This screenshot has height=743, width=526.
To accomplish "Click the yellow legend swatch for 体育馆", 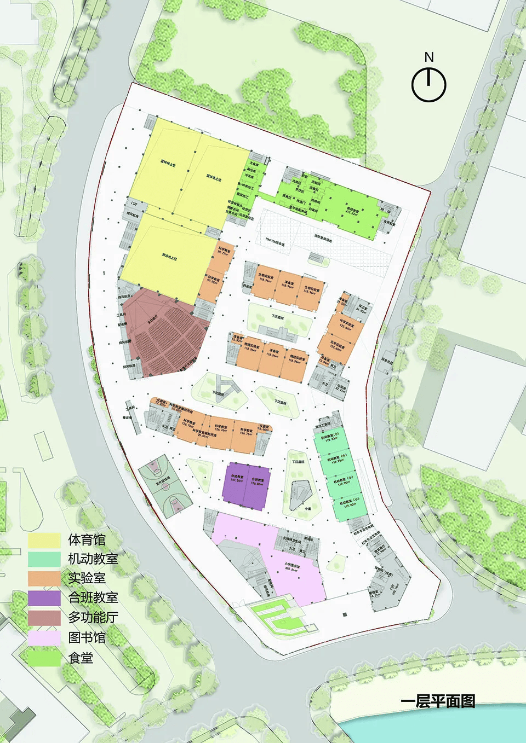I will [44, 541].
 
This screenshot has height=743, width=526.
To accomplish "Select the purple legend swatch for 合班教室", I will [44, 598].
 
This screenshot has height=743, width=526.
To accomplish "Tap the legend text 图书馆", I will [87, 637].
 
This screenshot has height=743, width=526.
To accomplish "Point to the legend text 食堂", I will [81, 658].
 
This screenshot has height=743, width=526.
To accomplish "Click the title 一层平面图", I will [437, 701].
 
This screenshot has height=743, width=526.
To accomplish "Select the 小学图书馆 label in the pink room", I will [291, 567].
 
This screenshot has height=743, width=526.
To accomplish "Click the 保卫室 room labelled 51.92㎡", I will [362, 309].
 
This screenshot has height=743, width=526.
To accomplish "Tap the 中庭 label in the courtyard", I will [308, 508].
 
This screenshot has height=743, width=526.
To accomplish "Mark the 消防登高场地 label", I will [323, 239].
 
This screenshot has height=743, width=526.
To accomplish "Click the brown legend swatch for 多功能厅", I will [44, 618].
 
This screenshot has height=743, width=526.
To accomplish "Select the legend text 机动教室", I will [93, 559].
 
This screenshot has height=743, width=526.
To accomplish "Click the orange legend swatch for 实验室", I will [44, 578].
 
